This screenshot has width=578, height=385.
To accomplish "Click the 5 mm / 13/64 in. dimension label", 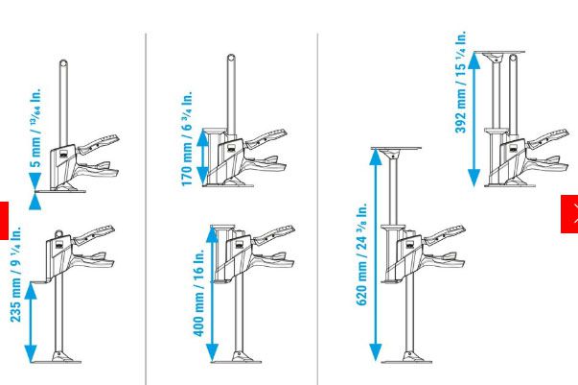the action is click(x=35, y=128).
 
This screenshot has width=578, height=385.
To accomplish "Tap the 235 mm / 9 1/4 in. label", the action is click(x=15, y=274).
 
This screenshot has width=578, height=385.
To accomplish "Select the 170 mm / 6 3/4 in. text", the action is click(x=187, y=138).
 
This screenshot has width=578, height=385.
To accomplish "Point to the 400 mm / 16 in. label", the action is click(x=198, y=293).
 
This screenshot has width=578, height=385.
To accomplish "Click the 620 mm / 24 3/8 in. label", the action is click(x=361, y=254).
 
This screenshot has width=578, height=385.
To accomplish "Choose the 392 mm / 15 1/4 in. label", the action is click(x=461, y=82).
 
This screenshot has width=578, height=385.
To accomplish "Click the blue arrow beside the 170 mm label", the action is click(x=203, y=157).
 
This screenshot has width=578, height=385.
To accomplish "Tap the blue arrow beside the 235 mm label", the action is click(x=31, y=322).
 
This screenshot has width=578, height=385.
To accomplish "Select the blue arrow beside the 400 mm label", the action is click(x=213, y=294).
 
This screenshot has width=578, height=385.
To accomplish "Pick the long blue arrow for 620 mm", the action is click(x=376, y=254).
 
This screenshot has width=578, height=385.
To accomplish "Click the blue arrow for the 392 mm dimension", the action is click(x=474, y=120).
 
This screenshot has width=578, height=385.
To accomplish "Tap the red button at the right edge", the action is click(x=569, y=214).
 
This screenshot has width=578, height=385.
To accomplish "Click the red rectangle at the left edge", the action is click(x=4, y=221).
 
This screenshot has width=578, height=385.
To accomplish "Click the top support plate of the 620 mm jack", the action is click(x=397, y=149).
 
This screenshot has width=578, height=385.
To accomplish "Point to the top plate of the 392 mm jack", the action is click(x=499, y=53).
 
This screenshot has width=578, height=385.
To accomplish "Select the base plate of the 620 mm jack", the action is click(x=406, y=362).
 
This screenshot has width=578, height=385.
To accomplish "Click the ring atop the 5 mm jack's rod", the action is click(x=63, y=63).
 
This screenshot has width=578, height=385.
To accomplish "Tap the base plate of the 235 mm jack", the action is click(x=56, y=362).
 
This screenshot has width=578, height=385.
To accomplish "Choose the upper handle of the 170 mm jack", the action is click(x=266, y=138).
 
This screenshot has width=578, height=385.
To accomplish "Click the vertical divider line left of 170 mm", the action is click(x=146, y=209).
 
